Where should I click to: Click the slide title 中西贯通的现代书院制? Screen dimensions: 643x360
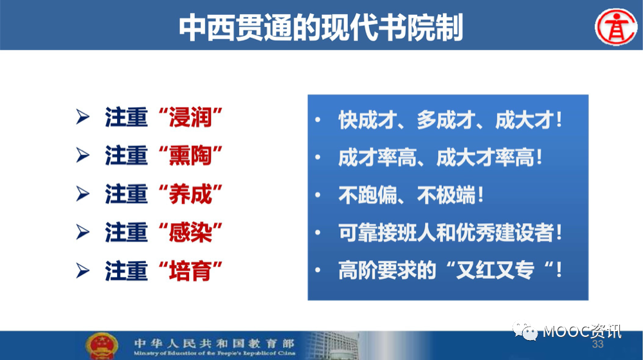[x=321, y=28]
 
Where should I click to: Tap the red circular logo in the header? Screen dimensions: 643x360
[x=616, y=27]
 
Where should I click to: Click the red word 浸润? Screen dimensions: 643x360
[x=190, y=117]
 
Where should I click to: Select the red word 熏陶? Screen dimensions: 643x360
[x=190, y=156]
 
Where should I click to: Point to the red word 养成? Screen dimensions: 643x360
[x=190, y=194]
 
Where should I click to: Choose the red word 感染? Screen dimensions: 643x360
[x=190, y=233]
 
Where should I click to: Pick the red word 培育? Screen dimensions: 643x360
[x=190, y=271]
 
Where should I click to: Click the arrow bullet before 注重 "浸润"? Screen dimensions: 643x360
[x=83, y=117]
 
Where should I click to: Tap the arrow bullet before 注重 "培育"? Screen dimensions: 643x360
[x=83, y=271]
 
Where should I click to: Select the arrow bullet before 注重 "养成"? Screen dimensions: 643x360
[x=83, y=194]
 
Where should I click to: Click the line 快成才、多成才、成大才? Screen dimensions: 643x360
[x=450, y=120]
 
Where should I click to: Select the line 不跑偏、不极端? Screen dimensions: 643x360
[x=411, y=195]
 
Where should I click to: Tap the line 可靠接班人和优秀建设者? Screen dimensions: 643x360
[x=450, y=233]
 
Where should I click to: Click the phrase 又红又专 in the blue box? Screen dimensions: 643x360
[x=494, y=270]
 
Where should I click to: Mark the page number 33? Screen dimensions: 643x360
[x=597, y=344]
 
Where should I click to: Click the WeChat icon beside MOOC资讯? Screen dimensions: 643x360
[x=525, y=331]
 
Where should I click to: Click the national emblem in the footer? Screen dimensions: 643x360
[x=102, y=346]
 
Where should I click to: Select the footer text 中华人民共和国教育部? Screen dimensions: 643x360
[x=214, y=343]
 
